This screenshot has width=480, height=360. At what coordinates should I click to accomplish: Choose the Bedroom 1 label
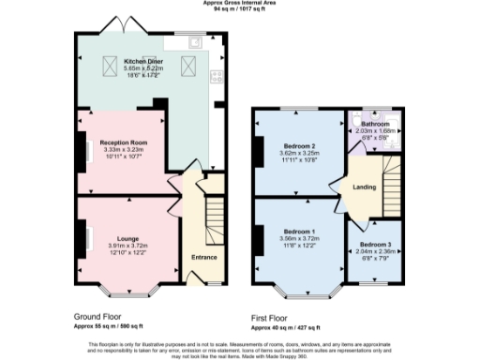[x=298, y=231]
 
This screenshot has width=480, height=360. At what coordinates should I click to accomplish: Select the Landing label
[x=364, y=187]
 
